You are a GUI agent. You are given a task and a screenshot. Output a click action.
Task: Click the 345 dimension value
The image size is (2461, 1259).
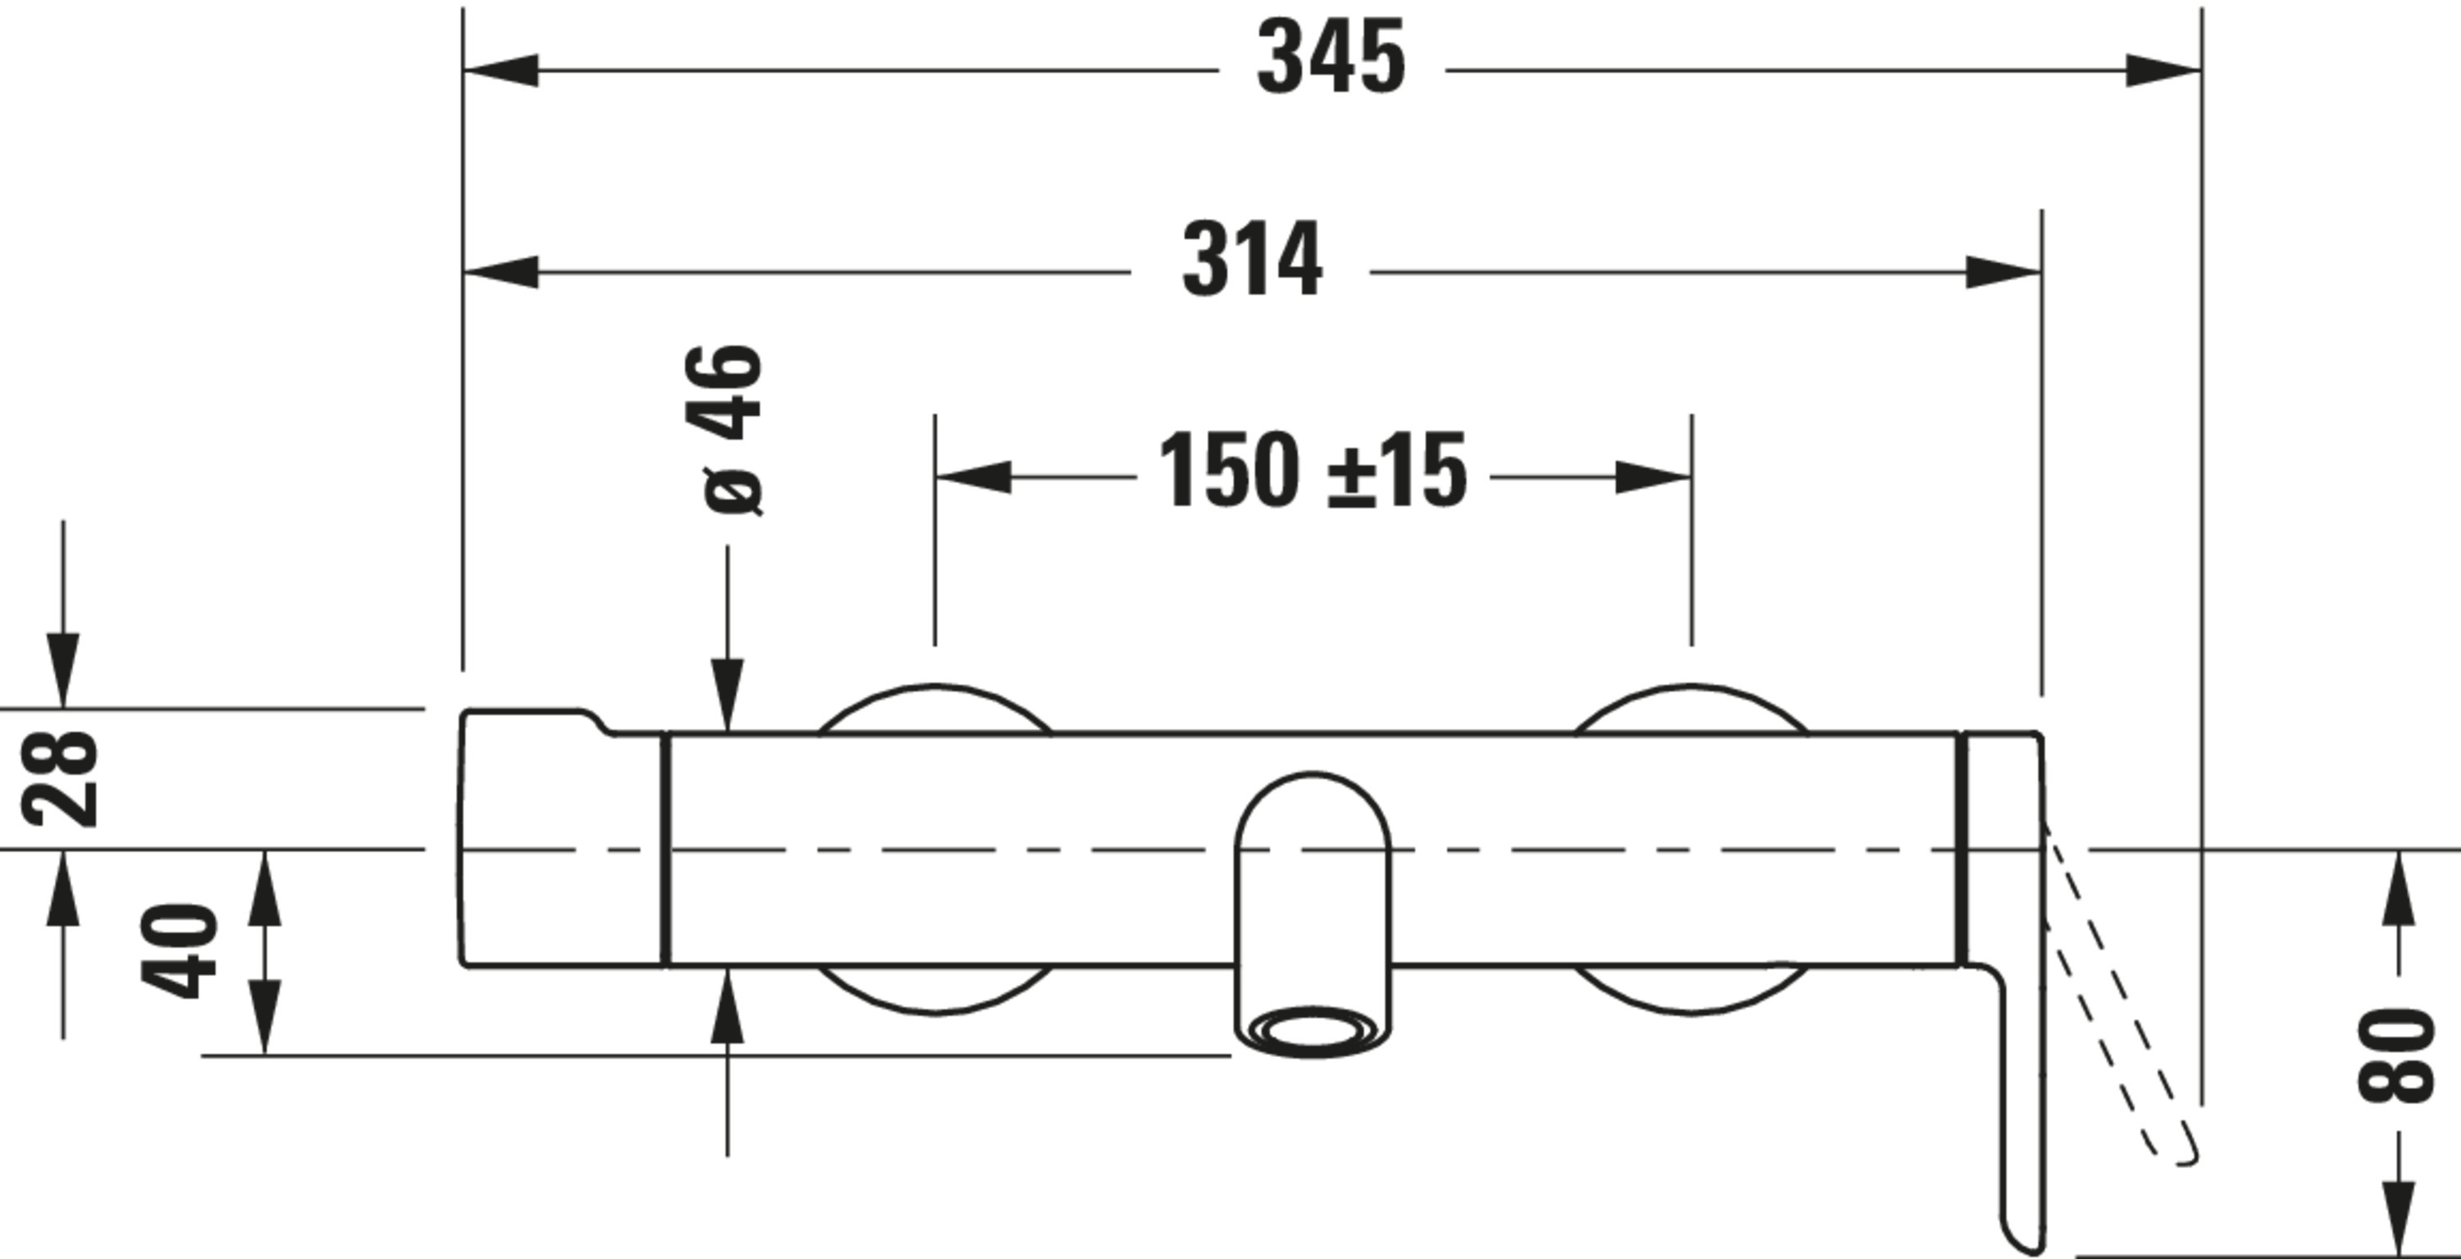click(1331, 57)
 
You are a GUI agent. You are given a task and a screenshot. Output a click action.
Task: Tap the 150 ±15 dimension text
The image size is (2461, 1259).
click(1312, 470)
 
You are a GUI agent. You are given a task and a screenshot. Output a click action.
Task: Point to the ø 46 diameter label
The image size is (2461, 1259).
click(724, 430)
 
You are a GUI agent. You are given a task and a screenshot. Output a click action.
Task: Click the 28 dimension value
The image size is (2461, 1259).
click(59, 778)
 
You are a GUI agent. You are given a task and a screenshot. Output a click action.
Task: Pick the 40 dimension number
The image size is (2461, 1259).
click(179, 951)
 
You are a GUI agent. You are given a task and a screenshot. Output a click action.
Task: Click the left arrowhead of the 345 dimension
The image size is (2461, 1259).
click(500, 71)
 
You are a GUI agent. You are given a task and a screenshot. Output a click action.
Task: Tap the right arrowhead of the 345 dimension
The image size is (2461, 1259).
click(2164, 71)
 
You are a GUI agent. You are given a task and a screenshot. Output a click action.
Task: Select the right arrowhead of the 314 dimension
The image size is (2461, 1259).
click(2004, 272)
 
